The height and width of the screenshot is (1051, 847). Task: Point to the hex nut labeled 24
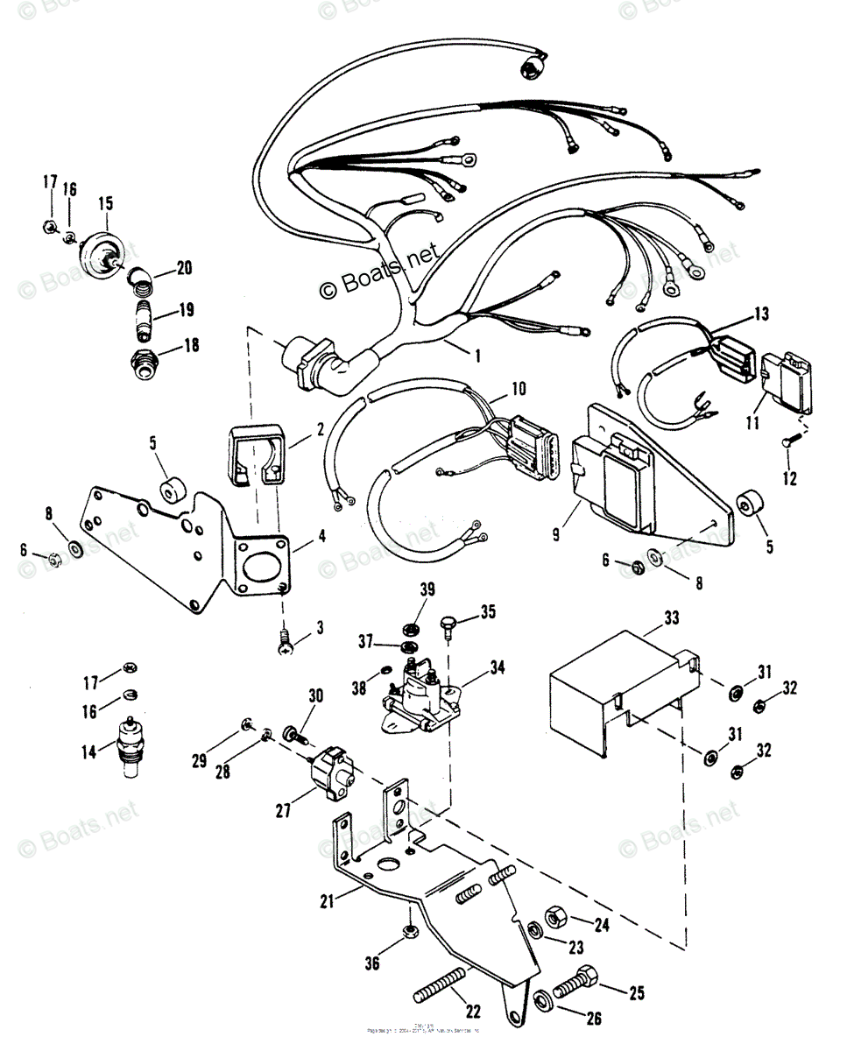pyautogui.click(x=555, y=918)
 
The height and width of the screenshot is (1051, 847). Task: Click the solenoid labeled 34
pyautogui.click(x=418, y=692)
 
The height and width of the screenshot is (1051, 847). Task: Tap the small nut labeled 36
pyautogui.click(x=410, y=932)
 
